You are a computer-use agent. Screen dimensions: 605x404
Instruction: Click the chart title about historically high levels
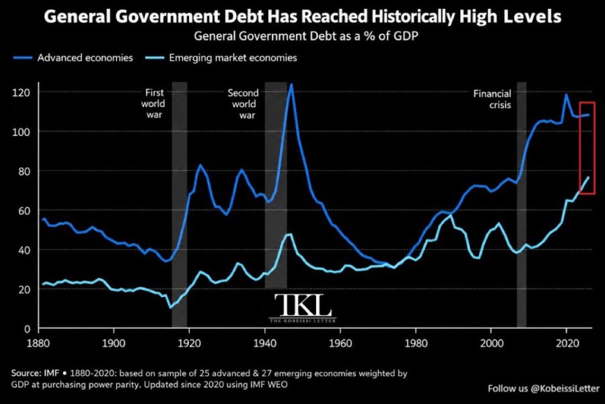[x=302, y=17]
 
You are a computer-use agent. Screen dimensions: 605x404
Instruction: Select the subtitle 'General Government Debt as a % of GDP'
[x=306, y=36]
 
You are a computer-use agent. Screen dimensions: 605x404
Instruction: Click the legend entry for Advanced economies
[x=73, y=58]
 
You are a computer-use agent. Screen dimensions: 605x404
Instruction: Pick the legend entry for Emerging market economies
[x=221, y=58]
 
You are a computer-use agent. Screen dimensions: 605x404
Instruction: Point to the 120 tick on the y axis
[x=21, y=93]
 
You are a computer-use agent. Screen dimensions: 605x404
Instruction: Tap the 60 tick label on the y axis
[x=24, y=211]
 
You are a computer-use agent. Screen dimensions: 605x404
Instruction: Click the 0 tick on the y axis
[x=27, y=329]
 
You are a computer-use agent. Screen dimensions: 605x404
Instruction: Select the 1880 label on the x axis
[x=38, y=342]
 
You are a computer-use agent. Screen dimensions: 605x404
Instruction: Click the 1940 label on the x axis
[x=265, y=342]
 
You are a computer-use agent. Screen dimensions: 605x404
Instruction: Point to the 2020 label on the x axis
[x=567, y=342]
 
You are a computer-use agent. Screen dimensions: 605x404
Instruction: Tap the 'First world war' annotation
[x=154, y=104]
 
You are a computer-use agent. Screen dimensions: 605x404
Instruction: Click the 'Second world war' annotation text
[x=243, y=104]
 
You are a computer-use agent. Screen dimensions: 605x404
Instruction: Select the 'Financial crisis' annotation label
[x=492, y=99]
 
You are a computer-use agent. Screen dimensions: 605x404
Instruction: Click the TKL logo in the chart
[x=302, y=308]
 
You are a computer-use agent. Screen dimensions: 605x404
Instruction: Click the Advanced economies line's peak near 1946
[x=291, y=85]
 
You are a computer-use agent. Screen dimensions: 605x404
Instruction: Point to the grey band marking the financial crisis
[x=522, y=205]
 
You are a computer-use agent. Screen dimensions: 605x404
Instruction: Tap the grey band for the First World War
[x=180, y=205]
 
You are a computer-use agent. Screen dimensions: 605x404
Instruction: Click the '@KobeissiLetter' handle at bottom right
[x=565, y=388]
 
